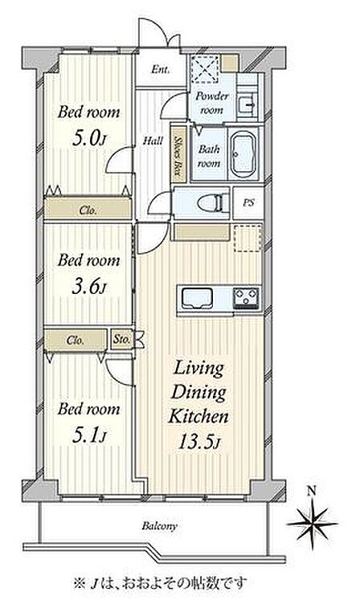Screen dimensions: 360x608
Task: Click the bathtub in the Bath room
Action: [x=243, y=154]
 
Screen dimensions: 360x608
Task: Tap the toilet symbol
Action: [x=212, y=202]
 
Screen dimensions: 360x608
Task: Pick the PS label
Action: [x=248, y=202]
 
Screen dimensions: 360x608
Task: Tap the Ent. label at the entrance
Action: [x=160, y=69]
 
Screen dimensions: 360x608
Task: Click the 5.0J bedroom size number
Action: [x=89, y=139]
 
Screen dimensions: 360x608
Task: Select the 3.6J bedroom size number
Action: [x=89, y=287]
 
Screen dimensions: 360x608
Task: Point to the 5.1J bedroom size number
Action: [x=89, y=435]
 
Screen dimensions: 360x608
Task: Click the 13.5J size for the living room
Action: [x=199, y=442]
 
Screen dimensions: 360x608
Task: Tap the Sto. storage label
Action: [x=121, y=339]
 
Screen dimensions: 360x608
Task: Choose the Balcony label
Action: [x=159, y=526]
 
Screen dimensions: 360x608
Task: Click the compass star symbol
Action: [x=313, y=524]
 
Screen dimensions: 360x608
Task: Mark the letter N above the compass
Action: [x=312, y=491]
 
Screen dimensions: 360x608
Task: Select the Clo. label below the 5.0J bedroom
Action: [x=88, y=210]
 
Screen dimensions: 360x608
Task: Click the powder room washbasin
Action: [x=247, y=104]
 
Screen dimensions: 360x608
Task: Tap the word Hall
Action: [x=153, y=141]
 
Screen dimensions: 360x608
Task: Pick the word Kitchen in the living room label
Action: [x=198, y=416]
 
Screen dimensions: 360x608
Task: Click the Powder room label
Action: [x=212, y=102]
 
